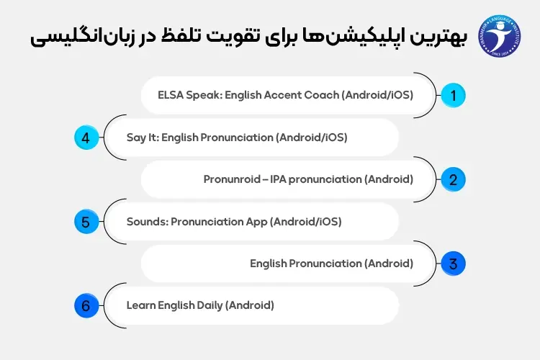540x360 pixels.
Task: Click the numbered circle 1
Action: coord(453,95)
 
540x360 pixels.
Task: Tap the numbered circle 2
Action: coord(453,179)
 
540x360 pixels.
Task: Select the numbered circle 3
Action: coord(453,264)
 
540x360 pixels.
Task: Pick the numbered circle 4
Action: coord(86,138)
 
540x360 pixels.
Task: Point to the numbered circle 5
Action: coord(86,222)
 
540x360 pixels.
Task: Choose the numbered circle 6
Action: coord(86,306)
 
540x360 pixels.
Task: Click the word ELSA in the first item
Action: coord(171,95)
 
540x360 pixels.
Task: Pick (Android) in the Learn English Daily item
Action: coord(250,305)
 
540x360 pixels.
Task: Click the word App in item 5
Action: coord(256,222)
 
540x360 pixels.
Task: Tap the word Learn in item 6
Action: coord(140,305)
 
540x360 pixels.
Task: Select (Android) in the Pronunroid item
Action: coord(388,179)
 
